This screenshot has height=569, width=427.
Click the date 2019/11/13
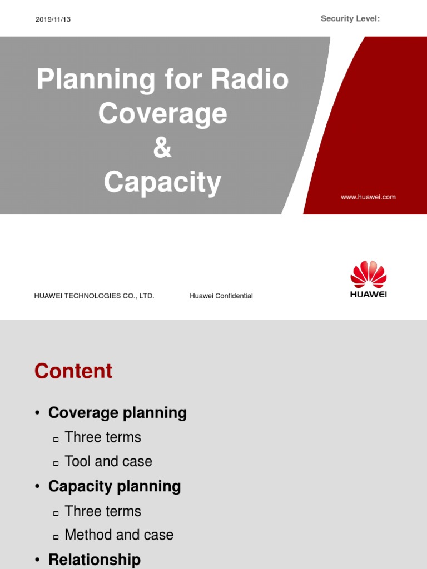coord(53,19)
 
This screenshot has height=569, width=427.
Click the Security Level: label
coord(350,19)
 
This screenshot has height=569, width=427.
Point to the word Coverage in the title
coord(162,114)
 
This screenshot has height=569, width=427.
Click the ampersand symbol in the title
coord(162,148)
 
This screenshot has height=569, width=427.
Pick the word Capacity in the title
coord(162,183)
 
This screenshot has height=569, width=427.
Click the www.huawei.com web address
coord(368,197)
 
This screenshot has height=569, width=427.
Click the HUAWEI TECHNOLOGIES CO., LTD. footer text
coord(94,296)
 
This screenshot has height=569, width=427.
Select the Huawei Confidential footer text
coord(221,296)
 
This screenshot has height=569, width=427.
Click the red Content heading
coord(73,371)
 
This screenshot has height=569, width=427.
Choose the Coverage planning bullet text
coord(117,413)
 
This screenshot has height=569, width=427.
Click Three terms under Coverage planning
coord(103,437)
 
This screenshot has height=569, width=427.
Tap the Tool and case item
coord(108,461)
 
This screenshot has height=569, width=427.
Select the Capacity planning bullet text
coord(115,487)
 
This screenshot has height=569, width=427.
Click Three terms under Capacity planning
coord(103,511)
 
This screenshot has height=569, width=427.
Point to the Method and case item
coord(119,535)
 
